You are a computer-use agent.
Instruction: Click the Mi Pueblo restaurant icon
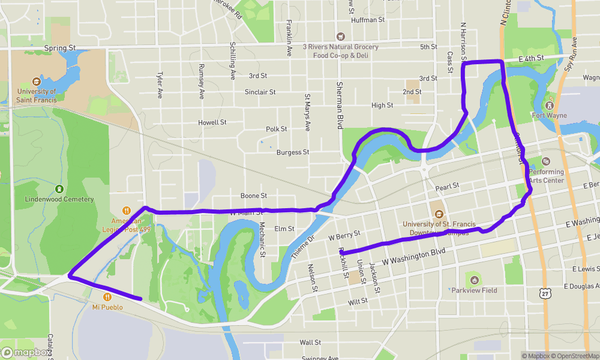tap(107, 296)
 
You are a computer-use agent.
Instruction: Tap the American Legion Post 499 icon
tap(127, 211)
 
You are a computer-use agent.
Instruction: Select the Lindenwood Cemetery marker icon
tap(59, 188)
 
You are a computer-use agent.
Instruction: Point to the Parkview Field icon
tap(475, 280)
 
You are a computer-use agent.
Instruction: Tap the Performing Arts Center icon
tap(546, 161)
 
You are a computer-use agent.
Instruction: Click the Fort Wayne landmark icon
tap(549, 104)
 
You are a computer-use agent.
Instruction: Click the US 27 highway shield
tap(544, 292)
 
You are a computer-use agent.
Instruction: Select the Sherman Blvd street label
tap(340, 106)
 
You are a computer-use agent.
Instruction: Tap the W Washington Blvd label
tap(413, 254)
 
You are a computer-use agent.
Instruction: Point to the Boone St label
tap(254, 196)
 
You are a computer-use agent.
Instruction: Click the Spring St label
tap(60, 47)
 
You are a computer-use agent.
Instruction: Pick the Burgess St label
tap(293, 152)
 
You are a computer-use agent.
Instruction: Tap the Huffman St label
tap(368, 20)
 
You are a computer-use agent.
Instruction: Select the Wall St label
tap(310, 343)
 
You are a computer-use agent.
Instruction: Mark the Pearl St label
tap(447, 186)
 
